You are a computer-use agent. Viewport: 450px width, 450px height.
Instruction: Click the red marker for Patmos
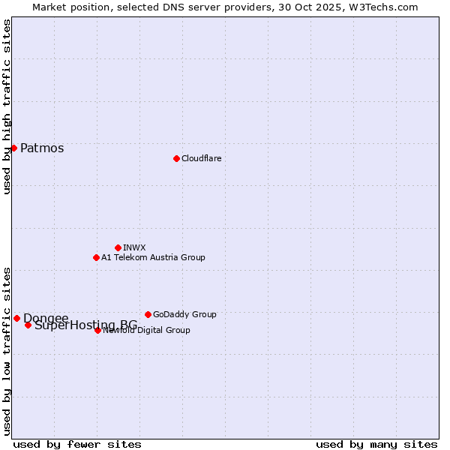[x=13, y=148]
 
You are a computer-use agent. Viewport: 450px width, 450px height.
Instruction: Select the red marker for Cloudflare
[x=176, y=158]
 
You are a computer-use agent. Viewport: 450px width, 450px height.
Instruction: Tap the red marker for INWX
[x=118, y=247]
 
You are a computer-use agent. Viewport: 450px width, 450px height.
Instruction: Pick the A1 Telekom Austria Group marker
[x=96, y=257]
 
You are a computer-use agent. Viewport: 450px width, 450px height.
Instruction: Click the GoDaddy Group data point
[x=148, y=314]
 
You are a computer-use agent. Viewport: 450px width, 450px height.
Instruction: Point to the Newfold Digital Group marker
[x=97, y=330]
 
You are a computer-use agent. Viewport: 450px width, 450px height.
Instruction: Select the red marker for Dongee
[x=16, y=318]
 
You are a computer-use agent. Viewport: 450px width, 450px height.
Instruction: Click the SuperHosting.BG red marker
[x=28, y=325]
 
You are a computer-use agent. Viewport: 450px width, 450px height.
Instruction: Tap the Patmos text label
[x=42, y=148]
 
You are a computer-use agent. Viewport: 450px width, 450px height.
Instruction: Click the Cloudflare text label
[x=201, y=158]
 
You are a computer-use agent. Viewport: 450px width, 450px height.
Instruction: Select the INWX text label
[x=134, y=247]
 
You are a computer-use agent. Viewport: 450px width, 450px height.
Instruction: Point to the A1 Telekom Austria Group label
[x=153, y=257]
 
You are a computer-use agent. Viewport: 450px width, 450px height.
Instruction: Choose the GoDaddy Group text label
[x=184, y=314]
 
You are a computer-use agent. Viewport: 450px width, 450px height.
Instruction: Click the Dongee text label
[x=46, y=318]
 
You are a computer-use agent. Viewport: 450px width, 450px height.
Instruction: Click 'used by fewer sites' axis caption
[x=77, y=444]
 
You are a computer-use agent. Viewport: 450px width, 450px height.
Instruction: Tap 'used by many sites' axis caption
[x=376, y=444]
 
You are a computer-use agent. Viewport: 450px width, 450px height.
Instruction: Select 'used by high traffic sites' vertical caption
[x=7, y=106]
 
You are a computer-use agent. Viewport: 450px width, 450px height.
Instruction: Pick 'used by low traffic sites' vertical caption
[x=7, y=350]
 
